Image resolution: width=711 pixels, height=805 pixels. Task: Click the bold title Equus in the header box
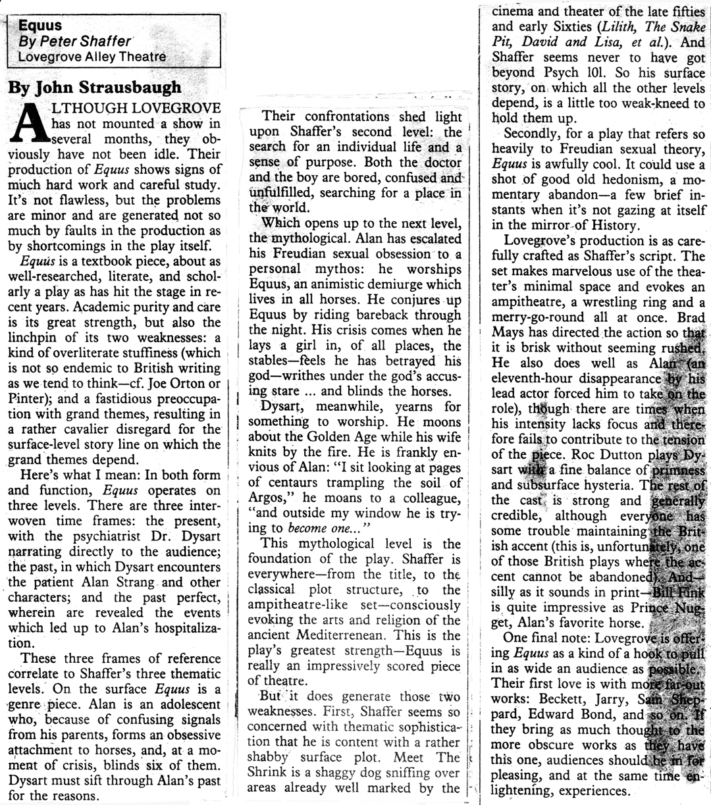click(39, 26)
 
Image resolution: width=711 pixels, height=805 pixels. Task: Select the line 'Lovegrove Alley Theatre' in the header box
click(92, 57)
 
